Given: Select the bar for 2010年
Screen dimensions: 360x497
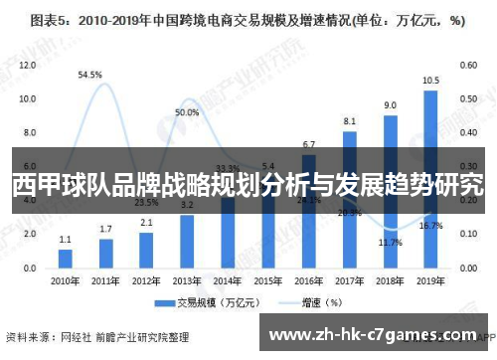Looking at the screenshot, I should [x=66, y=257].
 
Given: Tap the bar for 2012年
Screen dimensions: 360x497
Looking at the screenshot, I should [x=146, y=250].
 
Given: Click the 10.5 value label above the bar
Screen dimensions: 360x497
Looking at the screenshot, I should [x=430, y=81].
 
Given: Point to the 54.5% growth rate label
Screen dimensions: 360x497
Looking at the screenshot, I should [x=90, y=74].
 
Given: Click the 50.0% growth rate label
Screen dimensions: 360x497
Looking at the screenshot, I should [x=187, y=113].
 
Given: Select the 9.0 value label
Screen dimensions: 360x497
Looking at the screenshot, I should [x=390, y=105].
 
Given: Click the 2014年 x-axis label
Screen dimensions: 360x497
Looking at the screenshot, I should [x=228, y=280].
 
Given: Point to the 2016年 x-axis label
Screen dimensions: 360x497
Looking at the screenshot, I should [x=309, y=280].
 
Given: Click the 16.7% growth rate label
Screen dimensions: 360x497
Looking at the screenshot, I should [x=430, y=226].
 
